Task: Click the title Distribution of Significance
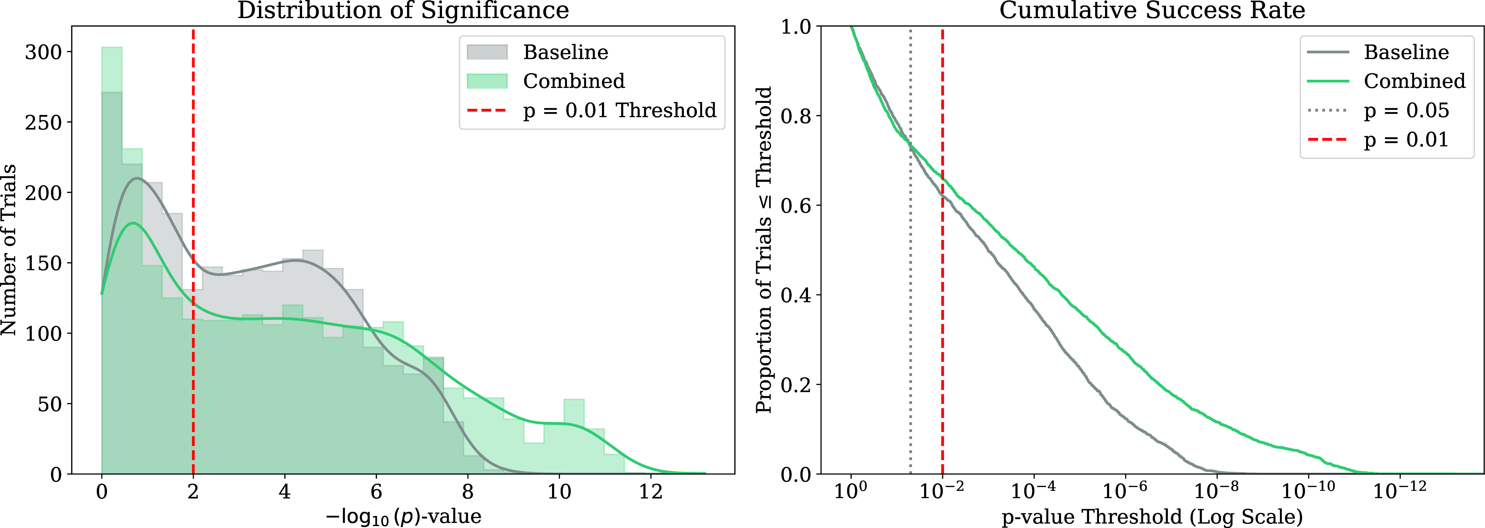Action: (x=403, y=10)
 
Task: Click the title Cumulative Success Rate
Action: (x=1152, y=10)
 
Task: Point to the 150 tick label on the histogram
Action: (x=43, y=263)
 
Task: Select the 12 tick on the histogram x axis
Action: (x=651, y=492)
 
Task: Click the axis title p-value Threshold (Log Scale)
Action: (x=1152, y=517)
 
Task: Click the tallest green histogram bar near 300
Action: (x=112, y=261)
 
